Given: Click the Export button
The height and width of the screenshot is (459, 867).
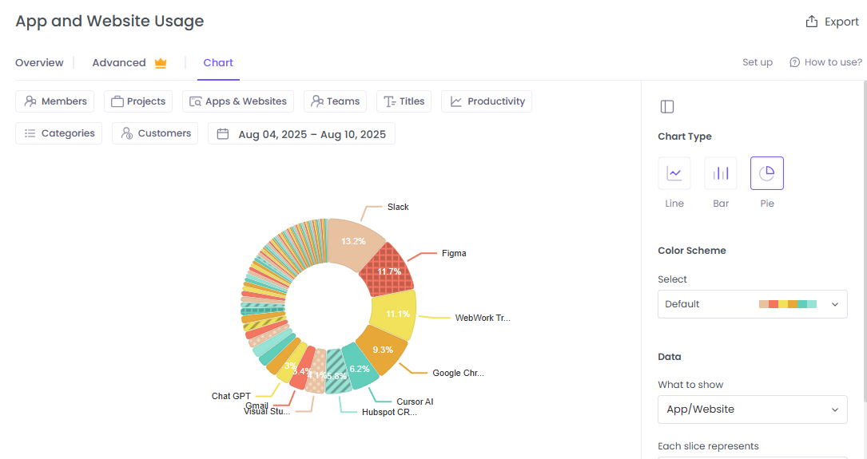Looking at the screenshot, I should click(832, 22).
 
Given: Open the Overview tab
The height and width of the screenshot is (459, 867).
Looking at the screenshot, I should click(39, 62).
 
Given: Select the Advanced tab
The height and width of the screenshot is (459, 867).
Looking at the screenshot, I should click(129, 62).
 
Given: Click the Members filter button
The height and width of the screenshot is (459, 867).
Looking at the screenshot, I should click(55, 101).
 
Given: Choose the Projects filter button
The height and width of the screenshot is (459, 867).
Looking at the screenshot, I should click(138, 101).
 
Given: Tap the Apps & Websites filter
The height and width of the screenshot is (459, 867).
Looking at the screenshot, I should click(238, 101).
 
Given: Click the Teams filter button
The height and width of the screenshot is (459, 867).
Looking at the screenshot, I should click(336, 101).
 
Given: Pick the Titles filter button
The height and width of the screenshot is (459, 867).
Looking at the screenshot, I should click(404, 101).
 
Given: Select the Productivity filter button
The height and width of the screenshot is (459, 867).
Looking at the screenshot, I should click(487, 101).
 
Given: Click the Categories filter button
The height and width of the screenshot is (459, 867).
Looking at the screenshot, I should click(59, 133).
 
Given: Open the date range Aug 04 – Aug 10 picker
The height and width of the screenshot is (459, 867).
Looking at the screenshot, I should click(301, 134).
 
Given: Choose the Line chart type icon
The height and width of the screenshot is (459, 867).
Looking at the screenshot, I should click(674, 173).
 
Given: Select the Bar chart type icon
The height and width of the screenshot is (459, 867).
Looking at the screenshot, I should click(721, 173).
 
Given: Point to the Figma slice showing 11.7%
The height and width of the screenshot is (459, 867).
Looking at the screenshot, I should click(389, 271).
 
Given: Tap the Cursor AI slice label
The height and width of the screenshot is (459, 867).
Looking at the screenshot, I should click(415, 402).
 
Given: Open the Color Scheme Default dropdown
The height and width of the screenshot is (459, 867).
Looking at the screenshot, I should click(752, 304).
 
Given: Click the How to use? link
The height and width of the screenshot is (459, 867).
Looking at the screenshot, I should click(825, 62).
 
